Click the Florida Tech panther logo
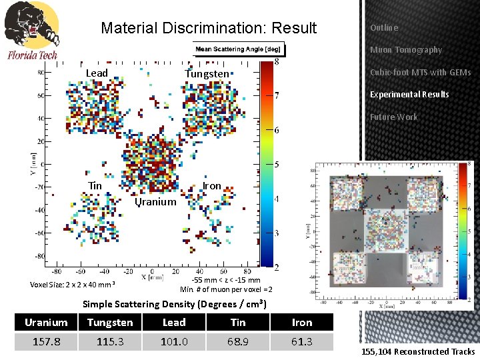[31, 30]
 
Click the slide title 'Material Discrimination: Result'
[209, 28]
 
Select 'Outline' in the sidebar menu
[384, 28]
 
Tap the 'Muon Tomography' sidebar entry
[405, 50]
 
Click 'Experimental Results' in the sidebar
[409, 94]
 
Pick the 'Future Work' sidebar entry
[393, 117]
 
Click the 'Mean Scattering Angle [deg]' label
[239, 49]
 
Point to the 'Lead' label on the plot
[97, 73]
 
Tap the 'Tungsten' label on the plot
[207, 73]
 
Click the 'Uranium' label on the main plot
[155, 201]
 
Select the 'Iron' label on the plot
[211, 185]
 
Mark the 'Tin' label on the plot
[95, 185]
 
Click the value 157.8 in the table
[46, 341]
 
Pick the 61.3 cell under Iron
[302, 341]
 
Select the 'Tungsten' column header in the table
[110, 323]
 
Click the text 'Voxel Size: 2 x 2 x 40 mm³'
[73, 285]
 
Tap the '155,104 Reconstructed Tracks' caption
[418, 351]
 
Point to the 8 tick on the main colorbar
[276, 62]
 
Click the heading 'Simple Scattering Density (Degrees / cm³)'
[175, 305]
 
